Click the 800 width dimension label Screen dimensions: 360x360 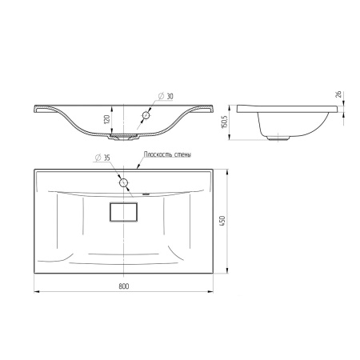point(124,286)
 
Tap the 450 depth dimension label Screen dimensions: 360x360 point(222,221)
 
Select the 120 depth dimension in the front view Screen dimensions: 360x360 point(106,119)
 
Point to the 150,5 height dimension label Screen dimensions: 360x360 point(224,122)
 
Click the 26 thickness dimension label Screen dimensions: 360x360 point(338,94)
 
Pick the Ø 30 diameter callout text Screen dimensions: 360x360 point(166,96)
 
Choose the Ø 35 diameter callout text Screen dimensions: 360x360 point(102,158)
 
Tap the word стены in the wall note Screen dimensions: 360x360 point(182,154)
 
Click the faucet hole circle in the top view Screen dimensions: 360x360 point(123,183)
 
